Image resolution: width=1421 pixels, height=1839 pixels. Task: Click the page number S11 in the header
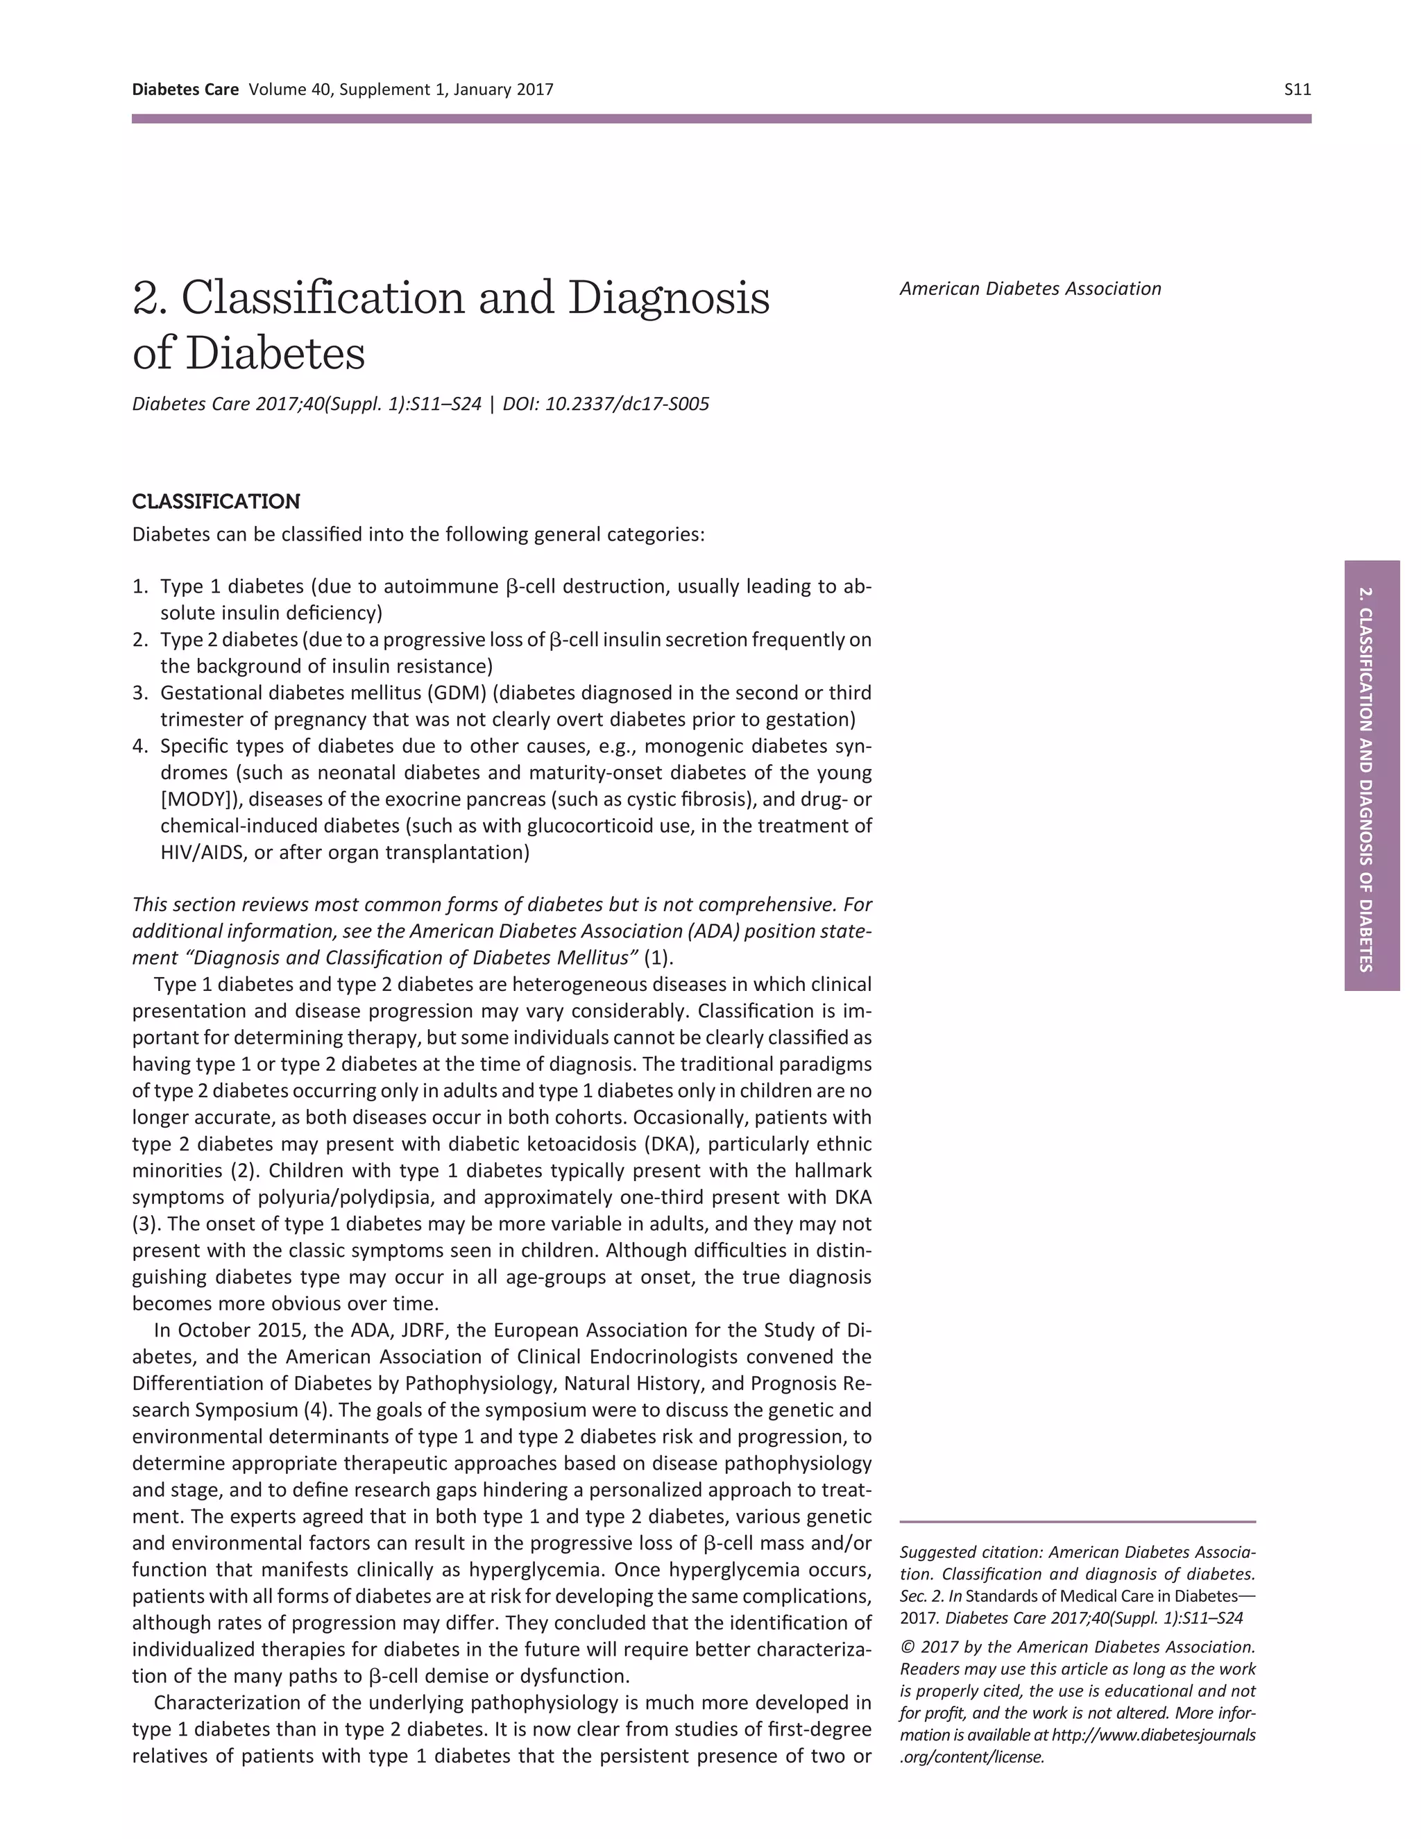tap(1297, 90)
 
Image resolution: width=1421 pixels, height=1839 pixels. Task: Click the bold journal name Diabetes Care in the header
tap(185, 90)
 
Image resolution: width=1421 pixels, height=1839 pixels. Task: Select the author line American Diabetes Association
tap(1030, 289)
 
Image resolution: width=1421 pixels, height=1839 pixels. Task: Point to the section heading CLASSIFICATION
tap(216, 502)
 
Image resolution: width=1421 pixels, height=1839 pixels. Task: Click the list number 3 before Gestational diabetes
tap(139, 693)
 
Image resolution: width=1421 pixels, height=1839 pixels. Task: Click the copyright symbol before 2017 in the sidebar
tap(905, 1647)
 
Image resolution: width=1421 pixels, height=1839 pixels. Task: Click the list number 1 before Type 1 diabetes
tap(139, 587)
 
